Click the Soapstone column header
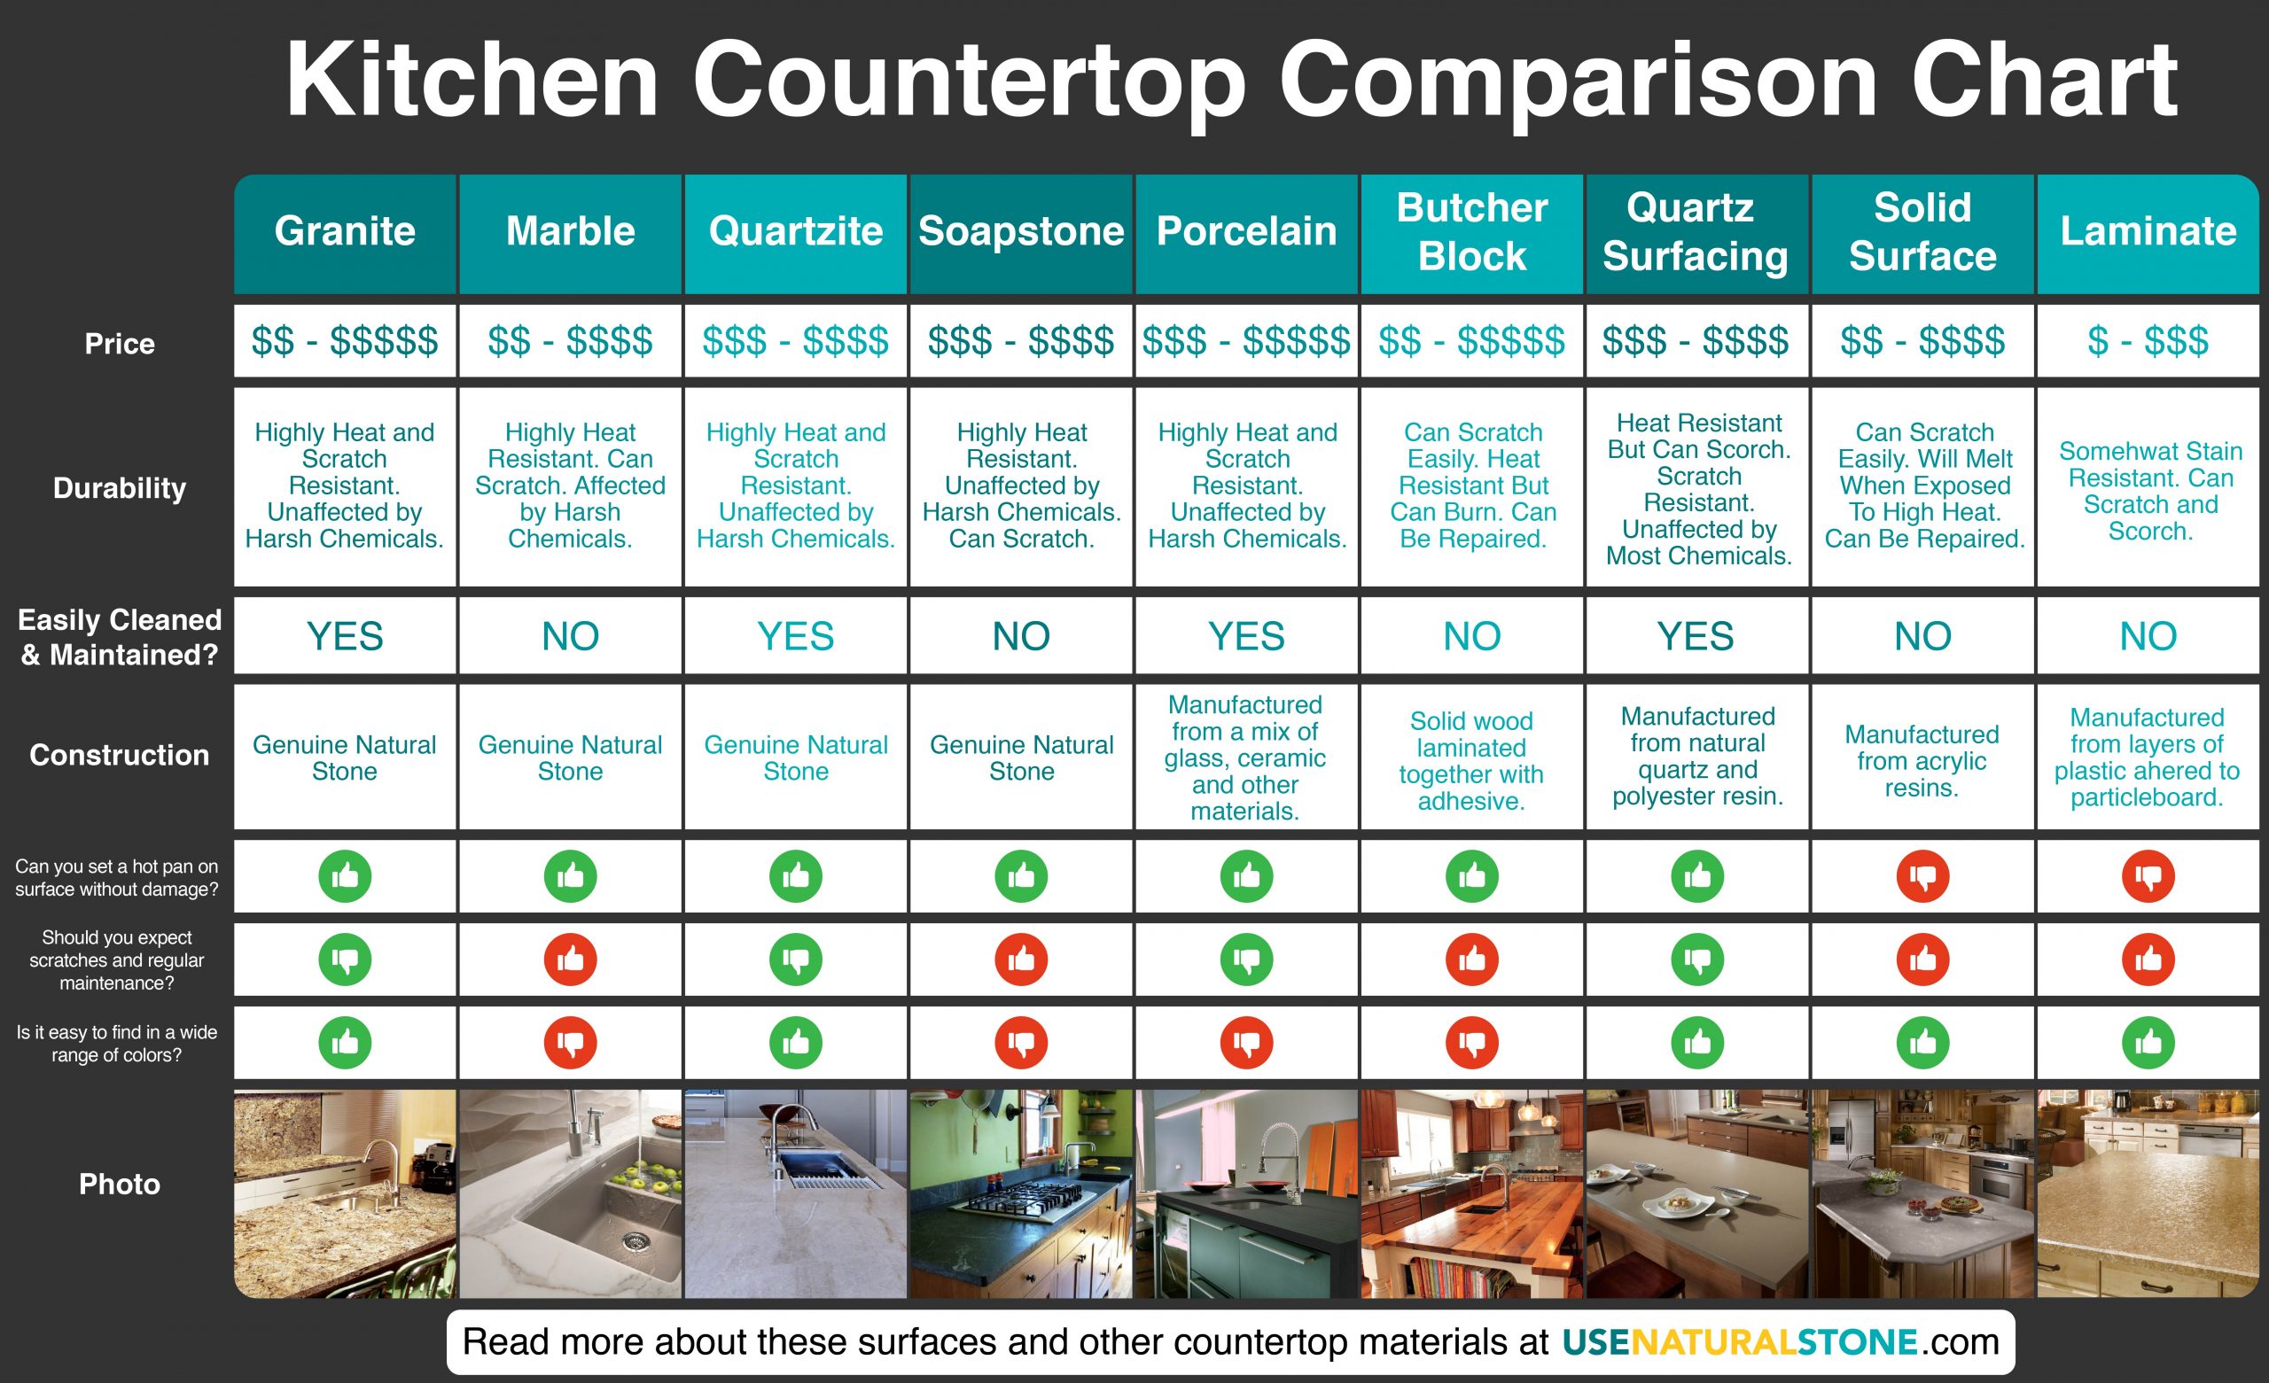coord(1020,231)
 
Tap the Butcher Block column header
coord(1471,231)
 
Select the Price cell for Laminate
coord(2148,341)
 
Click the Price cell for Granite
coord(345,341)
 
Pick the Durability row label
coord(120,488)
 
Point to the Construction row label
coord(120,755)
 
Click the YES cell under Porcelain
coord(1246,636)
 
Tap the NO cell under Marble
coord(570,636)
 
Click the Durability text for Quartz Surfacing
coord(1699,489)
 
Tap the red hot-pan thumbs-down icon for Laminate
coord(2148,875)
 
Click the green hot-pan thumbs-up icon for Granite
coord(346,875)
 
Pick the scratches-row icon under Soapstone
coord(1021,960)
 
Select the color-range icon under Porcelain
coord(1247,1042)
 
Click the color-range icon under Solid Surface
coord(1922,1042)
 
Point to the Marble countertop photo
coord(570,1193)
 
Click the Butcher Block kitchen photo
coord(1471,1193)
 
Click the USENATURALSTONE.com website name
coord(1780,1341)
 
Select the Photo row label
coord(120,1185)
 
